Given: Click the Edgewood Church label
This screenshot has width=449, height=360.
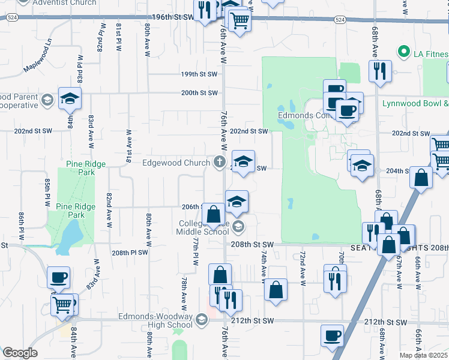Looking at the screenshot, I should coord(176,163).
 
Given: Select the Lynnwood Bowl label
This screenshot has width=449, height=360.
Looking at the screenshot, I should coord(415,103).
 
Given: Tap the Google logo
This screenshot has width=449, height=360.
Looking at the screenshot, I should coord(20,353).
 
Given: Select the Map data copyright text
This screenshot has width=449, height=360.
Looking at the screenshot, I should coord(424,355).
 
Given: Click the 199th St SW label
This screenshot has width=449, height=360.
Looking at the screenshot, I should coord(199,74).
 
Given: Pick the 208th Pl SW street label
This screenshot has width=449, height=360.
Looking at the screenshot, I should coord(130,253).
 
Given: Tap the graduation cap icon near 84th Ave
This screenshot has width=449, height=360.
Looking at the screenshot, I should coord(70,98).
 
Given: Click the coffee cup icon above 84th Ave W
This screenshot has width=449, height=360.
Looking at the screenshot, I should coord(59,277).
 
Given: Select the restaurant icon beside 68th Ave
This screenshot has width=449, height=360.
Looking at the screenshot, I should coord(380,70).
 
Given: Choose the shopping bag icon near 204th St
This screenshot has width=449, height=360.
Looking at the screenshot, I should coord(422,178).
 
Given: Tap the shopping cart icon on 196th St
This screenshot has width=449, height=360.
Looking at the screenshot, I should coord(240,20).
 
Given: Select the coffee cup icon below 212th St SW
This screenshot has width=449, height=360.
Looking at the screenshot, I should coord(332,335).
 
